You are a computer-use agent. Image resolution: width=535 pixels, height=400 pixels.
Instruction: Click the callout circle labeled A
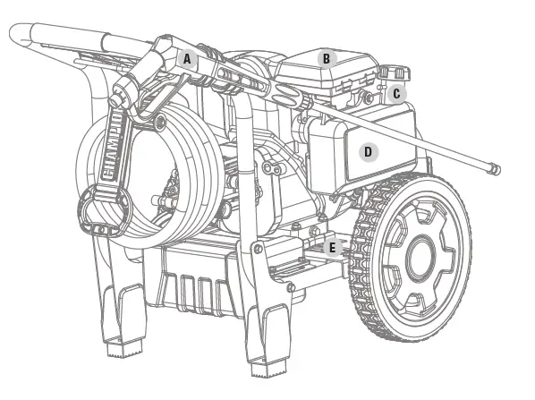click(x=187, y=59)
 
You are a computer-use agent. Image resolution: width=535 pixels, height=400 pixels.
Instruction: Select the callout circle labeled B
click(x=327, y=59)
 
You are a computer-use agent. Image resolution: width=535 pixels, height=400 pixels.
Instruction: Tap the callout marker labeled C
click(x=396, y=94)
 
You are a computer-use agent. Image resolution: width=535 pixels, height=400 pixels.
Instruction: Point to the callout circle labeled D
click(x=369, y=152)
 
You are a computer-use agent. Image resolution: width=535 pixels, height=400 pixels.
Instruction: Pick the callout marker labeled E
click(x=332, y=248)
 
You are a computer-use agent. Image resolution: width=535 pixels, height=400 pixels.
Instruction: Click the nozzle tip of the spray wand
click(x=495, y=168)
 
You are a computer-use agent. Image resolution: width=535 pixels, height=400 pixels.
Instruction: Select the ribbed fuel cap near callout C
click(x=394, y=72)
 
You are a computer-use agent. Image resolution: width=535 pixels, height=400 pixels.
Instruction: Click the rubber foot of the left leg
click(x=123, y=349)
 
